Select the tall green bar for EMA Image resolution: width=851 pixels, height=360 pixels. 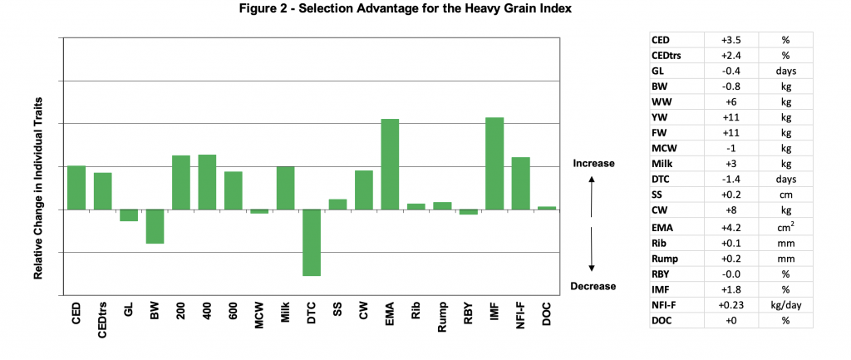coord(390,164)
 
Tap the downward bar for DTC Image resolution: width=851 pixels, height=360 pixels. coord(312,242)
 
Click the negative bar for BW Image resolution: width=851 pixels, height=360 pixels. coord(155,226)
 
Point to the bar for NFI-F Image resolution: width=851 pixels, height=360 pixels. coord(520,183)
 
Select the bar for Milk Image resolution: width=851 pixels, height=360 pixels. coord(285,188)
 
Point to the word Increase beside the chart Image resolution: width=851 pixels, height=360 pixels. coord(593,163)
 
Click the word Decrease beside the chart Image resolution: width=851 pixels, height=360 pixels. coord(593,287)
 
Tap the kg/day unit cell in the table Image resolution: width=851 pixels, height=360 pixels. coord(785,305)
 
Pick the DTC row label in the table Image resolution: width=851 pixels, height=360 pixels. coord(662,179)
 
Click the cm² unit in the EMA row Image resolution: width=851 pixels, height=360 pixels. coord(785,225)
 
